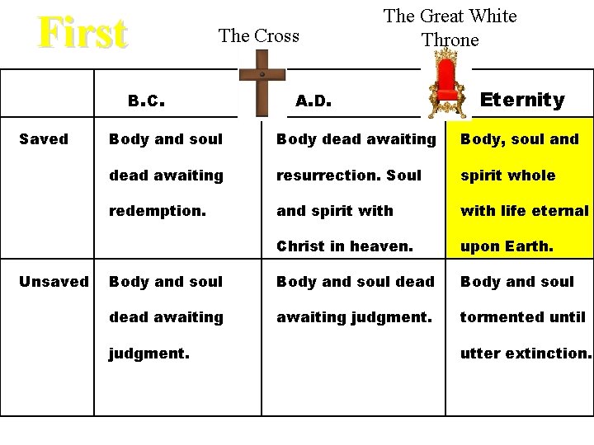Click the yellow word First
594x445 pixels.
click(x=82, y=34)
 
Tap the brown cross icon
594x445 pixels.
click(x=260, y=83)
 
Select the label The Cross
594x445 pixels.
click(x=258, y=35)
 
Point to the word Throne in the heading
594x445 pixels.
click(x=450, y=40)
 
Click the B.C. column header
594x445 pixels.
click(x=148, y=101)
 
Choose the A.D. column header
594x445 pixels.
click(x=313, y=101)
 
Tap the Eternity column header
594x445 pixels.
click(x=522, y=101)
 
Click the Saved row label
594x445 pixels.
click(x=44, y=139)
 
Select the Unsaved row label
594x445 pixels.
click(x=54, y=282)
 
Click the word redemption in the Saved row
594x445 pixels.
click(x=158, y=211)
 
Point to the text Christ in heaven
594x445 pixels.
click(x=345, y=246)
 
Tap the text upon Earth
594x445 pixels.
click(x=507, y=246)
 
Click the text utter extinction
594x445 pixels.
click(x=526, y=353)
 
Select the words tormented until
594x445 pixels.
click(x=523, y=317)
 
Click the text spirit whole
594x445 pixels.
click(x=507, y=176)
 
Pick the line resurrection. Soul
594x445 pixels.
click(x=349, y=176)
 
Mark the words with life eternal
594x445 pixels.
click(x=525, y=211)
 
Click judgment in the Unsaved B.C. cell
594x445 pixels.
click(x=149, y=353)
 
